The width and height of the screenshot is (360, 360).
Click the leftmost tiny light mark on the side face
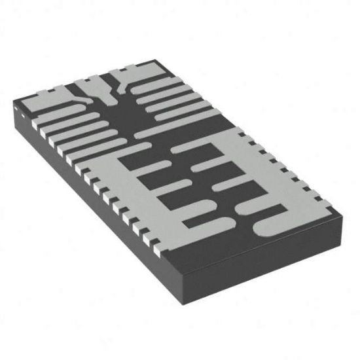coord(18,116)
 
